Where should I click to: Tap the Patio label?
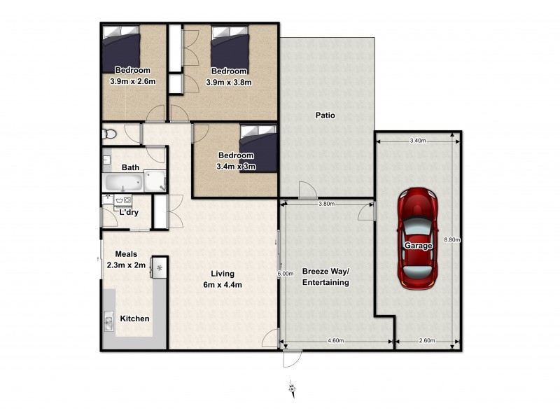coord(325,115)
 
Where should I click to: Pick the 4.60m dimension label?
coord(336,341)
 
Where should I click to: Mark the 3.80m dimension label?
coord(325,204)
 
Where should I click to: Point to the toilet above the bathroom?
coord(106,133)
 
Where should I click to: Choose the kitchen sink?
coord(109,323)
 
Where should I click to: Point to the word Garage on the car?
coord(418,246)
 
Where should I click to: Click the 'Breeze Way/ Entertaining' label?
coord(325,276)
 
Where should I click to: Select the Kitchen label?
coord(134,318)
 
